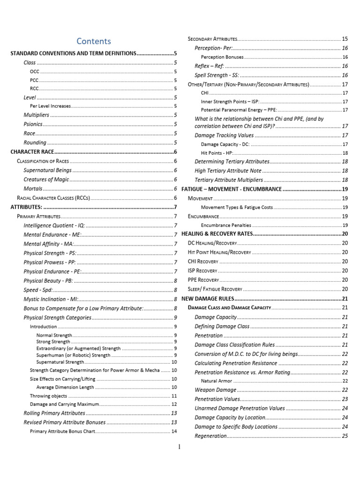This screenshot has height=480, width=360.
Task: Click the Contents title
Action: pos(94,41)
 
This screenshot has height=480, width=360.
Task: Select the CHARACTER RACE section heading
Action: pos(32,152)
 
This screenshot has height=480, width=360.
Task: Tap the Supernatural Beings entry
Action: pos(48,170)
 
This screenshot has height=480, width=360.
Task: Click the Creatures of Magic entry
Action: pos(46,179)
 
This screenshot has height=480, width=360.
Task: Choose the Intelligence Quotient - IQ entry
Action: pos(54,225)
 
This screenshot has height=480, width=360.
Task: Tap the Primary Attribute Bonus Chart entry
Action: pos(62,431)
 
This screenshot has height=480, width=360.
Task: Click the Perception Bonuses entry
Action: pos(222,57)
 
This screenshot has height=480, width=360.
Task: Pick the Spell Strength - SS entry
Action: pos(217,75)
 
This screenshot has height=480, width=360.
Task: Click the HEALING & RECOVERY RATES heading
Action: pos(217,234)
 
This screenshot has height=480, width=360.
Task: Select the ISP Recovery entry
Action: pos(202,270)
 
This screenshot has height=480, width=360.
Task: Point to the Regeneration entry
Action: pos(210,436)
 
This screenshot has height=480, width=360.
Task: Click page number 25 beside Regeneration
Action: pos(345,436)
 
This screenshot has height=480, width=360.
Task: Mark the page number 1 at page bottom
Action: pos(180,447)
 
